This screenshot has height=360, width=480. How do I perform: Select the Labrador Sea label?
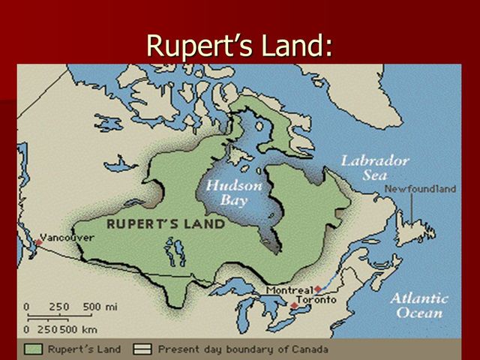375,167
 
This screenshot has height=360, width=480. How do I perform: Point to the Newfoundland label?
420,190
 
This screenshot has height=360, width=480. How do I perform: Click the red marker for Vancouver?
38,242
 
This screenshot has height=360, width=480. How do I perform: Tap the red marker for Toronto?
294,305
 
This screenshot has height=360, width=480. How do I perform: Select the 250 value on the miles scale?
59,306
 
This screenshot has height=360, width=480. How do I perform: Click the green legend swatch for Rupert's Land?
33,349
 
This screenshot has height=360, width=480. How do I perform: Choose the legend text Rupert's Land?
81,349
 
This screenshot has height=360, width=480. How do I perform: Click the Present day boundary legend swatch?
142,349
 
